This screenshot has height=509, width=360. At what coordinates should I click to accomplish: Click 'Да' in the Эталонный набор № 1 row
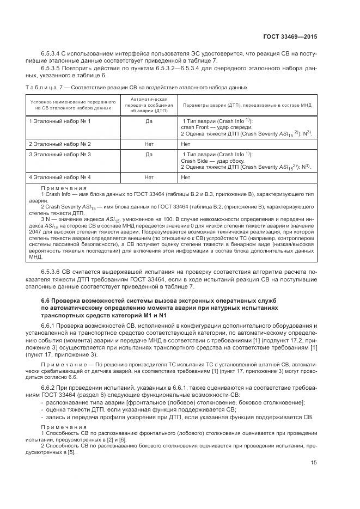(x=149, y=120)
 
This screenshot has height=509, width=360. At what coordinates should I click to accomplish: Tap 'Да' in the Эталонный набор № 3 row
(x=149, y=155)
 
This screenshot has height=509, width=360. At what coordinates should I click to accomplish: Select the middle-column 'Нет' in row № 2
(x=149, y=144)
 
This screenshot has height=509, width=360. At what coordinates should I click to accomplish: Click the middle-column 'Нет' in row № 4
(x=149, y=177)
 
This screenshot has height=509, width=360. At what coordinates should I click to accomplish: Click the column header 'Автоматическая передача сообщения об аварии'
(x=149, y=105)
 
